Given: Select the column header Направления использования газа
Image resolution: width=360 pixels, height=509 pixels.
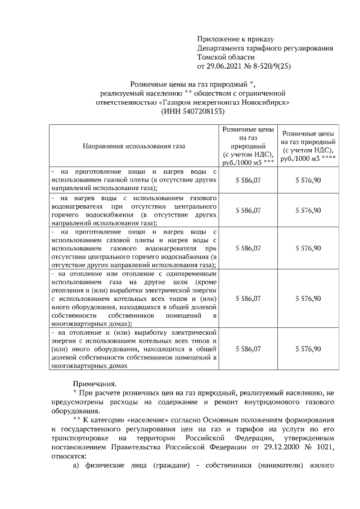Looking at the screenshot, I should [134, 146].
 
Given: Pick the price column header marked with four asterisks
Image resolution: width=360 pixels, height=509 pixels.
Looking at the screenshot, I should [309, 146].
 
